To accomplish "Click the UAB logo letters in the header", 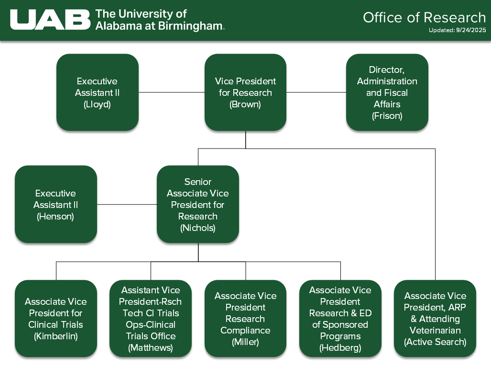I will point(50,20).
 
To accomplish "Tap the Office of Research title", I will point(424,17).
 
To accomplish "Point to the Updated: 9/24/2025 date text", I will point(457,30).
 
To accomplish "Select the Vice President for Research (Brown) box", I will point(245,92).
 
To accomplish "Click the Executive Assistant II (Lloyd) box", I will point(98,92).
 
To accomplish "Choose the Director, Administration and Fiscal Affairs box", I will point(387,92).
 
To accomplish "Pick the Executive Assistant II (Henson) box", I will point(56,205).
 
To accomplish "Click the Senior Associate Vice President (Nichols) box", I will point(197,205).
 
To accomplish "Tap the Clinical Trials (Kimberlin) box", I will point(56,319).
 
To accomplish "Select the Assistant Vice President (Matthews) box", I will point(151,319).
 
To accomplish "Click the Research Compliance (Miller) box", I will point(245,319).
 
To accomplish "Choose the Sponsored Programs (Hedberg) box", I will point(340,319).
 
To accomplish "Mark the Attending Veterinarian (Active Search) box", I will point(435,319).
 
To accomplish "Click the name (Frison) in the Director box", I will point(387,116).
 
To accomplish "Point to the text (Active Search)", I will point(435,342).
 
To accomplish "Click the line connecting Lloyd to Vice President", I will point(172,92).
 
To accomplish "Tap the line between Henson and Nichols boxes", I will point(127,205).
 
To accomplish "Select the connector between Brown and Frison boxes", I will point(316,92).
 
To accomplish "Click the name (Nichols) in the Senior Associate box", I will point(197,228).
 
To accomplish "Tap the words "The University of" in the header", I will point(141,14).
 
